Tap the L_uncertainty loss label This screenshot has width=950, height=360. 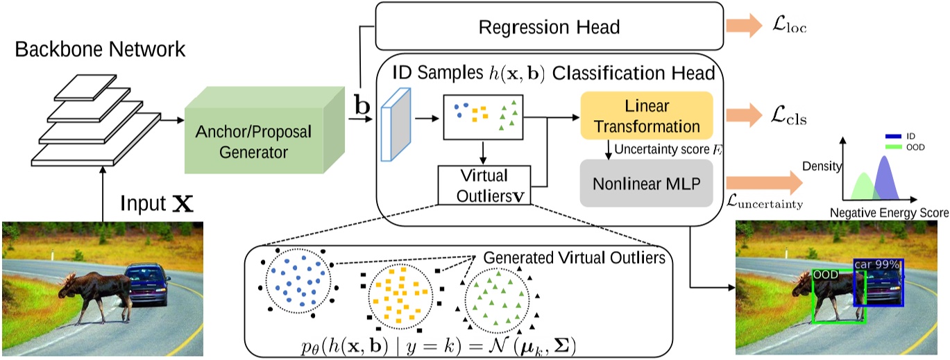coord(764,202)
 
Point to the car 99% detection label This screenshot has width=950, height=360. coord(877,264)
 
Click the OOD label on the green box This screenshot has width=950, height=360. coord(826,275)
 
